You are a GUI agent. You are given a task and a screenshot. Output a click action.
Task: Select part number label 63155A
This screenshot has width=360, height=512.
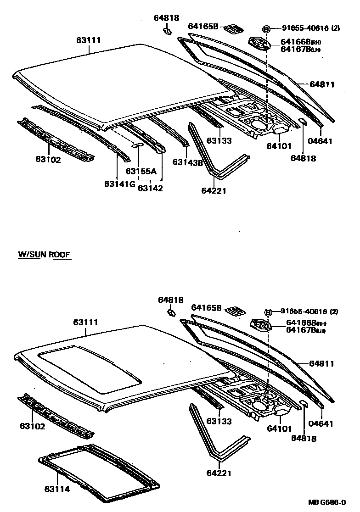(x=141, y=172)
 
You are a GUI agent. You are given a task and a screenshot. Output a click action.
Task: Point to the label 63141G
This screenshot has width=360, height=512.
(x=119, y=184)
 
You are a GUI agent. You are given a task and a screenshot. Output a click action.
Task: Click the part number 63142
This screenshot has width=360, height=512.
(x=151, y=188)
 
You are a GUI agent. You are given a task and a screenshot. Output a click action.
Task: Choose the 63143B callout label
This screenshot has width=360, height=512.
(x=188, y=162)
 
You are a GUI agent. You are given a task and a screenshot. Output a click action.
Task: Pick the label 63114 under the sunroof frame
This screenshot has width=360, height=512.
(x=57, y=489)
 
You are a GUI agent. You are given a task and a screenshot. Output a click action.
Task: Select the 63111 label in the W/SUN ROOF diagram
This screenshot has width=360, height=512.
(x=85, y=323)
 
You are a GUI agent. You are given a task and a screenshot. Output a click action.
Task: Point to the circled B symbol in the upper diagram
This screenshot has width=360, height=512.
(x=266, y=28)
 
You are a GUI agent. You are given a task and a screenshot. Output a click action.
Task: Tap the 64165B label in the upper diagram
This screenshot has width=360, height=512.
(x=203, y=27)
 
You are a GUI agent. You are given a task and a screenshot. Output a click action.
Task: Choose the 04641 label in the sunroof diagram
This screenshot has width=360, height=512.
(x=321, y=423)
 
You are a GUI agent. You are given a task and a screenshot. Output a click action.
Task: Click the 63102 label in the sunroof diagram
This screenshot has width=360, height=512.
(x=32, y=426)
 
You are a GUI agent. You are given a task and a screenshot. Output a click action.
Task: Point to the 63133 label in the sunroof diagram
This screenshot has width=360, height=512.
(x=219, y=421)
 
